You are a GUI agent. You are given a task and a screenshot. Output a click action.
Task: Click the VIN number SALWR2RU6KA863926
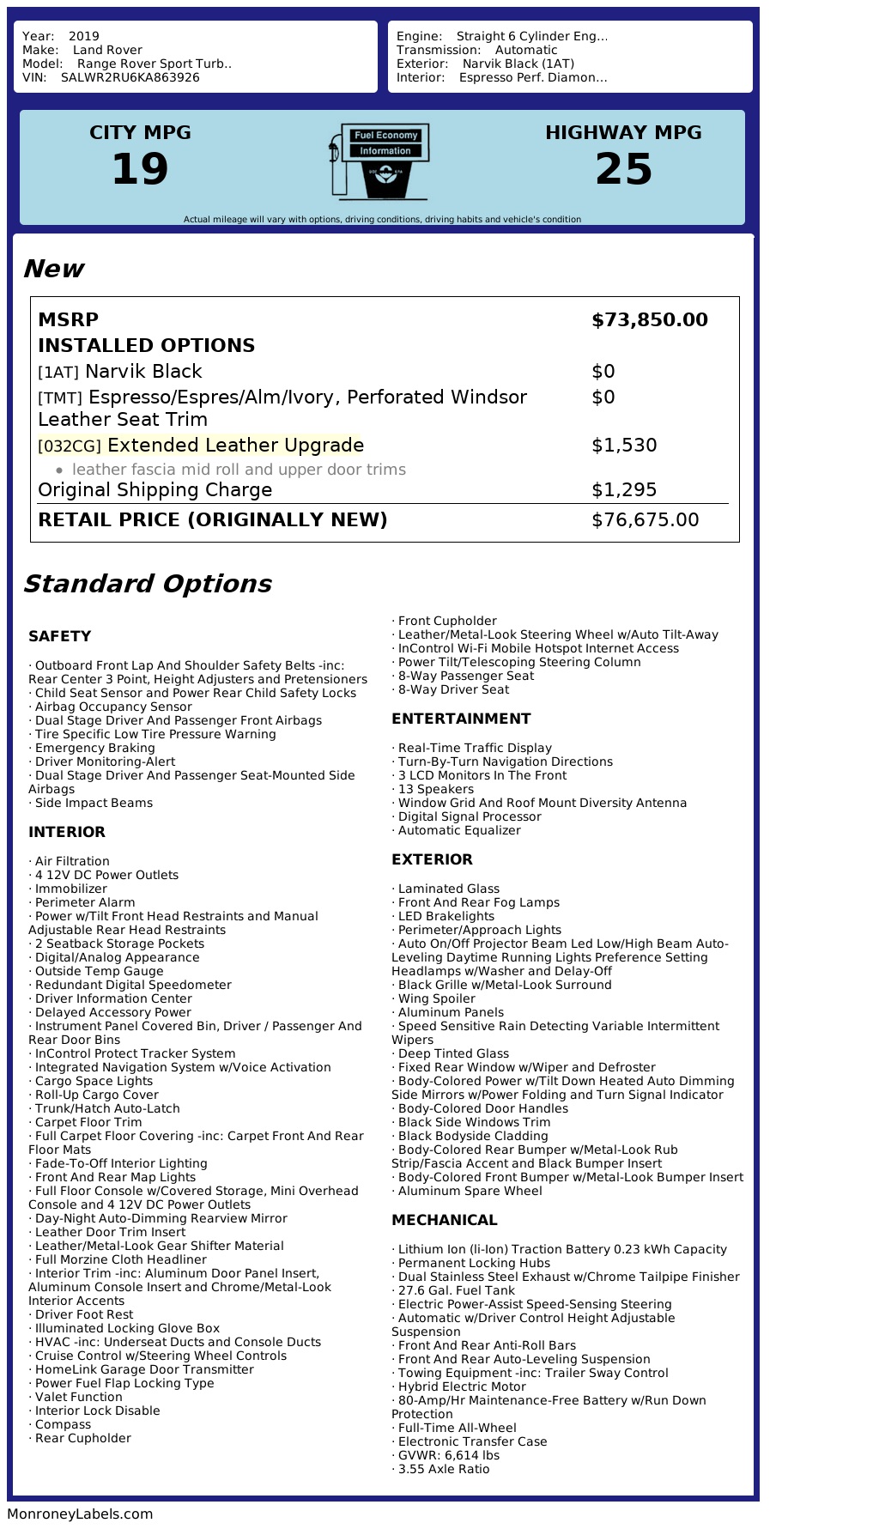click(x=130, y=77)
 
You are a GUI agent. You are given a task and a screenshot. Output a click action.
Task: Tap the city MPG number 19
click(x=140, y=169)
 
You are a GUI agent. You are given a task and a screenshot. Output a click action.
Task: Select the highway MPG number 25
click(x=623, y=169)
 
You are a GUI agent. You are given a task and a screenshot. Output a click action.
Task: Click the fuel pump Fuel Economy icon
click(x=379, y=161)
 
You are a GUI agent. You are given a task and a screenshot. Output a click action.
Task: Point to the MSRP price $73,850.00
click(x=649, y=320)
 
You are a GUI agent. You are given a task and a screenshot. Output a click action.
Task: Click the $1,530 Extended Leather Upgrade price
click(x=624, y=446)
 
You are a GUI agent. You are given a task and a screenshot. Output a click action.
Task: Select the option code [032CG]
click(x=70, y=446)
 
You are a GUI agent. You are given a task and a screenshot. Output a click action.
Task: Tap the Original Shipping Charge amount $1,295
click(x=624, y=490)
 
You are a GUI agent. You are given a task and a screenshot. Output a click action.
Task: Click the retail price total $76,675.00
click(x=645, y=520)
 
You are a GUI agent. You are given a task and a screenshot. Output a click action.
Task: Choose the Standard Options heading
click(x=147, y=584)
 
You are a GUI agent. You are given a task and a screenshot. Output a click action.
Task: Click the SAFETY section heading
click(x=59, y=636)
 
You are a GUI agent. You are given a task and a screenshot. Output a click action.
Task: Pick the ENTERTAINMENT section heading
click(x=461, y=719)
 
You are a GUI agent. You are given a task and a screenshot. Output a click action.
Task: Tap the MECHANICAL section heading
click(x=444, y=1220)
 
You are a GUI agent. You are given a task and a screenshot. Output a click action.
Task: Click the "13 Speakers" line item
click(x=435, y=789)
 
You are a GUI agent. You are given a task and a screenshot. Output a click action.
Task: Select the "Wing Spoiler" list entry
click(x=436, y=998)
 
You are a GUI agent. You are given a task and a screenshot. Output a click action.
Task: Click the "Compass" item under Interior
click(x=63, y=1424)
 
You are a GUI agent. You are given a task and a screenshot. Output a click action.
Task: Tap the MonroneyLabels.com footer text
click(x=80, y=1514)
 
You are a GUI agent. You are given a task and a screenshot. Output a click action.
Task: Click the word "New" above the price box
click(x=53, y=269)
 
